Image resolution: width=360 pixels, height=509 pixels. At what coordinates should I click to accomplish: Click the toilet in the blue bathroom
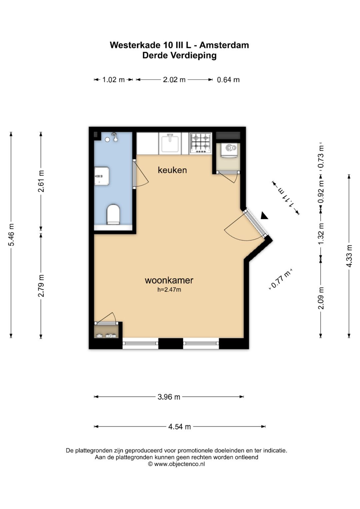[113, 215]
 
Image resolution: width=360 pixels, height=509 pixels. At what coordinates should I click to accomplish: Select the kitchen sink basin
[170, 143]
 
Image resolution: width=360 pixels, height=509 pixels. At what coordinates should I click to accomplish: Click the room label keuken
[172, 170]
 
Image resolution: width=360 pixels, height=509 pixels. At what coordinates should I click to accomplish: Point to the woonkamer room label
[169, 280]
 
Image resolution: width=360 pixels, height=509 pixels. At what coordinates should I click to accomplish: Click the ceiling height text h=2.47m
[169, 290]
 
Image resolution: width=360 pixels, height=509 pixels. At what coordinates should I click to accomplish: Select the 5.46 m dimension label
[11, 235]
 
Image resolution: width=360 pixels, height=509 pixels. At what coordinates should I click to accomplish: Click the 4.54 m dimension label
[179, 427]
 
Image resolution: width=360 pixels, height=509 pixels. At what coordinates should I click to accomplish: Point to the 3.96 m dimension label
[169, 397]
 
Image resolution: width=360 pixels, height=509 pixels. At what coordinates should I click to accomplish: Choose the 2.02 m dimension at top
[174, 80]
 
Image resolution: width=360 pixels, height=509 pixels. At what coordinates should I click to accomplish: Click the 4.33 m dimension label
[349, 256]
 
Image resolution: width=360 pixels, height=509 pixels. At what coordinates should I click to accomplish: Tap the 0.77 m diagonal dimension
[281, 279]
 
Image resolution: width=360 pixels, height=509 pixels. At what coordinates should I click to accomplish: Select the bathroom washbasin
[102, 176]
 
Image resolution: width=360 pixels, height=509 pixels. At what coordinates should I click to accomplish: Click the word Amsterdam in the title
[224, 45]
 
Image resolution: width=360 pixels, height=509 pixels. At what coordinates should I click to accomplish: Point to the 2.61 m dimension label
[41, 181]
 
